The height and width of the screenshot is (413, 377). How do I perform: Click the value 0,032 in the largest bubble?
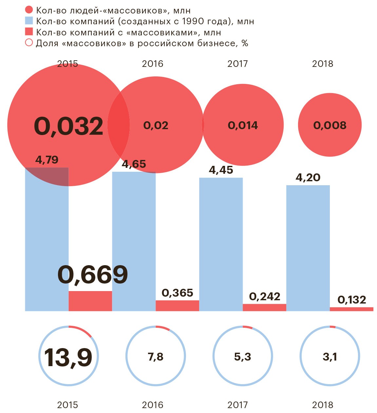(x=68, y=126)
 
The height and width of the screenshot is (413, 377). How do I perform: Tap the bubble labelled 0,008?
(x=330, y=125)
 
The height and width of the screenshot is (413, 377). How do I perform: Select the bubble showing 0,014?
(x=243, y=125)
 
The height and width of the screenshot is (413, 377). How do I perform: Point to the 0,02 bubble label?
(x=156, y=125)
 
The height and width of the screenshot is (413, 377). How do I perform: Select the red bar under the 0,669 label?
(x=90, y=301)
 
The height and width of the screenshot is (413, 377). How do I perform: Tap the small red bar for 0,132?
(x=351, y=309)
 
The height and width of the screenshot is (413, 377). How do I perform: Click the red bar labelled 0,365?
(x=177, y=305)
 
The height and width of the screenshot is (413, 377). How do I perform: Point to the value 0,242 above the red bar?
(x=265, y=297)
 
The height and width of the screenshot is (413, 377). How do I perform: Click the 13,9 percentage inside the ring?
(x=68, y=357)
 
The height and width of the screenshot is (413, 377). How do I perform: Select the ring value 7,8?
(x=156, y=357)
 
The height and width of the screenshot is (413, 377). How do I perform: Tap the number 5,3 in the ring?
(x=243, y=357)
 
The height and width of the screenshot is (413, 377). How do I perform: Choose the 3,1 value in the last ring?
(x=330, y=357)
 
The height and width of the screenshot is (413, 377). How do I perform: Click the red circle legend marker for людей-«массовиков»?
(x=29, y=10)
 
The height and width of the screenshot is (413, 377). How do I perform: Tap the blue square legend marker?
(x=29, y=21)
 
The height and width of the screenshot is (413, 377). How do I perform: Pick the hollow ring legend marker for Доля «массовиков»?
(x=29, y=43)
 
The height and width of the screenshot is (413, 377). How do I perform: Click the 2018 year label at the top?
(x=322, y=64)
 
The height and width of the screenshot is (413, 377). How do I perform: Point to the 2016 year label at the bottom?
(x=152, y=405)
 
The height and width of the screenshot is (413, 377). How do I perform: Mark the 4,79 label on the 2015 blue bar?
(x=47, y=160)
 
